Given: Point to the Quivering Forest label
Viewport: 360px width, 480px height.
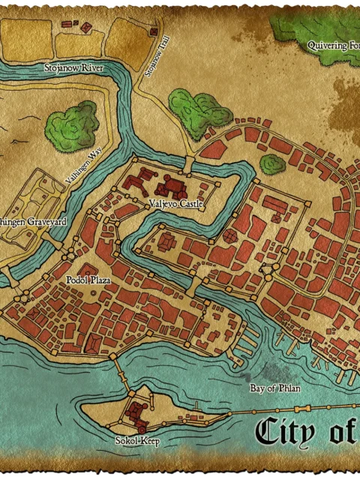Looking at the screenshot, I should point(334,45).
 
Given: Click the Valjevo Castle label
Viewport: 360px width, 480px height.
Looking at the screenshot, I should point(172,203).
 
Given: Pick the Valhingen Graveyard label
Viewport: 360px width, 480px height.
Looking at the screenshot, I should point(33,222).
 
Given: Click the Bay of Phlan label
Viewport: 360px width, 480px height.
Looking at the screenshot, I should point(274,388).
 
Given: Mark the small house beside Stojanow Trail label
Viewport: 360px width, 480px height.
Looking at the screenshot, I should point(154,31).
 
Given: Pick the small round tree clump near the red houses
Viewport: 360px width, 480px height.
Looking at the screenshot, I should point(272,164).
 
